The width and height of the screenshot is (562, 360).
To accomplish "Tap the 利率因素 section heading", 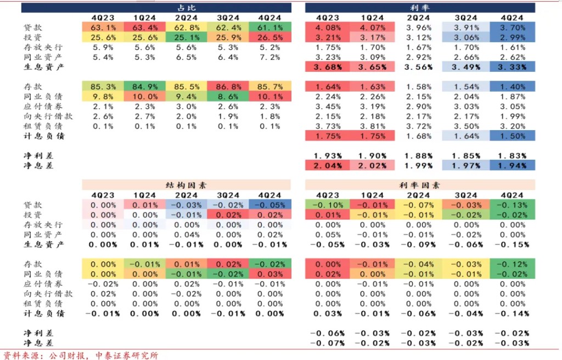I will pyautogui.click(x=420, y=185).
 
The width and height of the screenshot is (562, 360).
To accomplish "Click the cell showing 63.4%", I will pyautogui.click(x=144, y=27).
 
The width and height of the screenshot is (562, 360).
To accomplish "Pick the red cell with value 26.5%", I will pyautogui.click(x=269, y=37).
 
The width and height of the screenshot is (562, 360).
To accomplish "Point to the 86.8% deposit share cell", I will pyautogui.click(x=228, y=87).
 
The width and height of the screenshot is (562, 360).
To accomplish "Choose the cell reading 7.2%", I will pyautogui.click(x=269, y=57).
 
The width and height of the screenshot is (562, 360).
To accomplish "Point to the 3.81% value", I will pyautogui.click(x=373, y=126).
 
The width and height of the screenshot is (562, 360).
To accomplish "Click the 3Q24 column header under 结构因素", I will pyautogui.click(x=228, y=195).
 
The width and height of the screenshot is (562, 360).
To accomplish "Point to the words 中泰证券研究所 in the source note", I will pyautogui.click(x=127, y=355).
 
